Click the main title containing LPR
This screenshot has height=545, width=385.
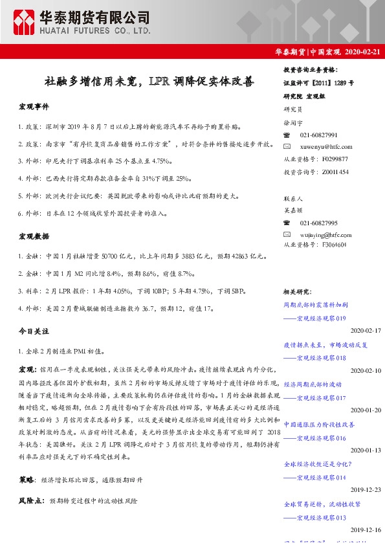point(149,82)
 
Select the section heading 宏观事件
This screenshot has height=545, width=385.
point(33,106)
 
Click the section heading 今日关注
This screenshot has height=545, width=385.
point(33,331)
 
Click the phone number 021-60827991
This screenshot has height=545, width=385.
point(318,135)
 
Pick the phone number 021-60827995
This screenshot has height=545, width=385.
point(318,222)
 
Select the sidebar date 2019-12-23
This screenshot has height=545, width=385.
point(365,489)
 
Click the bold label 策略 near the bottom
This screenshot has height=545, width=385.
point(27,480)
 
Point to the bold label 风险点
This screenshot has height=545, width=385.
point(30,501)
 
